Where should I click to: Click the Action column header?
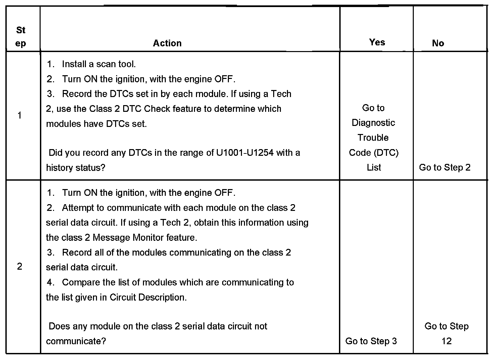pyautogui.click(x=167, y=43)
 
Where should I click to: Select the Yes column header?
pyautogui.click(x=377, y=42)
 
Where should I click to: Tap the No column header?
pyautogui.click(x=438, y=43)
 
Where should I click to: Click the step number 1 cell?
pyautogui.click(x=19, y=116)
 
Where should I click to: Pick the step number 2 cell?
pyautogui.click(x=19, y=267)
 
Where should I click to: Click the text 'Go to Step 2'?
pyautogui.click(x=445, y=168)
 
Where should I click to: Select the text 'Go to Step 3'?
pyautogui.click(x=371, y=341)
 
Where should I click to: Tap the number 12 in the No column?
pyautogui.click(x=446, y=341)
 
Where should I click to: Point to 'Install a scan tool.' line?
pyautogui.click(x=99, y=64)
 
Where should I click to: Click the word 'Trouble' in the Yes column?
pyautogui.click(x=373, y=138)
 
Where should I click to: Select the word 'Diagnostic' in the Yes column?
pyautogui.click(x=373, y=123)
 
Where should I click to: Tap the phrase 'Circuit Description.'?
pyautogui.click(x=148, y=298)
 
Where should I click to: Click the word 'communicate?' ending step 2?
pyautogui.click(x=76, y=341)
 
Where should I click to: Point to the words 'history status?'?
pyautogui.click(x=76, y=168)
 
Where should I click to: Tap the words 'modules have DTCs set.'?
pyautogui.click(x=96, y=124)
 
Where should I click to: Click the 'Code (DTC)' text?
pyautogui.click(x=374, y=153)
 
